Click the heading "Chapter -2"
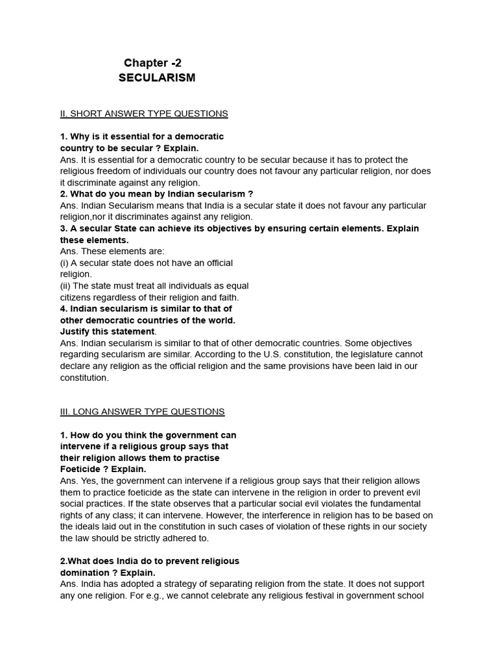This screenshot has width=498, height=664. pyautogui.click(x=153, y=63)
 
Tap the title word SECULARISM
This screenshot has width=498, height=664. pyautogui.click(x=157, y=78)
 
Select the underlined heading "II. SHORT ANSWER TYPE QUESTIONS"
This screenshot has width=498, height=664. pyautogui.click(x=143, y=113)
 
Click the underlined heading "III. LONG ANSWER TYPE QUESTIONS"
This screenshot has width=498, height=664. pyautogui.click(x=142, y=411)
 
